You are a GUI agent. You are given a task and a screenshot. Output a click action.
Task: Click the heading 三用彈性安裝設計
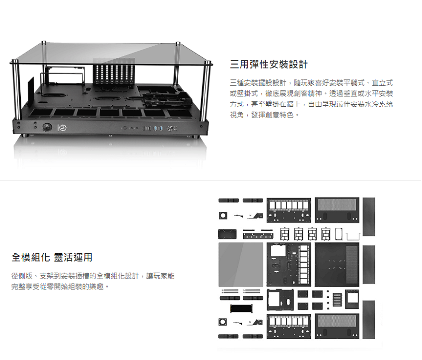tap(269, 65)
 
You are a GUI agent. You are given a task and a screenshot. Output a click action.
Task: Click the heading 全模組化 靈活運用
tap(52, 258)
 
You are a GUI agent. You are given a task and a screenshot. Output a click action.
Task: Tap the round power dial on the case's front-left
tap(48, 127)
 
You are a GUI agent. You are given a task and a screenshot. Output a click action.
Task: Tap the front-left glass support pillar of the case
tap(17, 100)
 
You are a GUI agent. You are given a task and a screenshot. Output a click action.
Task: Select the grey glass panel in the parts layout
tap(241, 265)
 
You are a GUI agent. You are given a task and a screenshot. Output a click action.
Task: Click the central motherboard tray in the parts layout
tap(288, 265)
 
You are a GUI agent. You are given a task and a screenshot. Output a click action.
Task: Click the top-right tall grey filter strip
tap(369, 216)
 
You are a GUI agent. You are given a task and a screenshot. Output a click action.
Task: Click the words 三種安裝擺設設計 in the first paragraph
tap(258, 82)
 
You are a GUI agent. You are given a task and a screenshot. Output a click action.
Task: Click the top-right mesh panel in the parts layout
tap(337, 209)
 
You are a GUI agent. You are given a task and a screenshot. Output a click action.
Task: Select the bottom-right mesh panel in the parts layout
tap(337, 326)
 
